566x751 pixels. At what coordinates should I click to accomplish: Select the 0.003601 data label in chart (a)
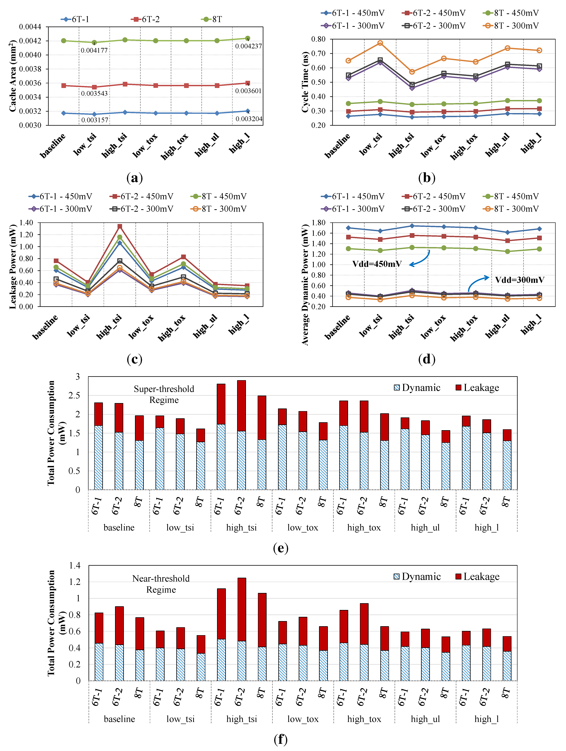coord(248,91)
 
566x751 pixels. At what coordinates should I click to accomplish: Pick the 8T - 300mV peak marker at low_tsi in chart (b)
coord(380,43)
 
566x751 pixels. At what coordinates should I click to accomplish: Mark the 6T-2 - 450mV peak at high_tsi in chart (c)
coord(120,226)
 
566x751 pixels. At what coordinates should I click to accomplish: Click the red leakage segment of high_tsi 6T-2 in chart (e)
coord(241,406)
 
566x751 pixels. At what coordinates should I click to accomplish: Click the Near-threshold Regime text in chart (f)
coord(161,584)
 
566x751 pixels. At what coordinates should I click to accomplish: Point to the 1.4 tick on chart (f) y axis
coord(75,565)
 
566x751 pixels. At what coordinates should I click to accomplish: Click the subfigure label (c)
coord(134,359)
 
